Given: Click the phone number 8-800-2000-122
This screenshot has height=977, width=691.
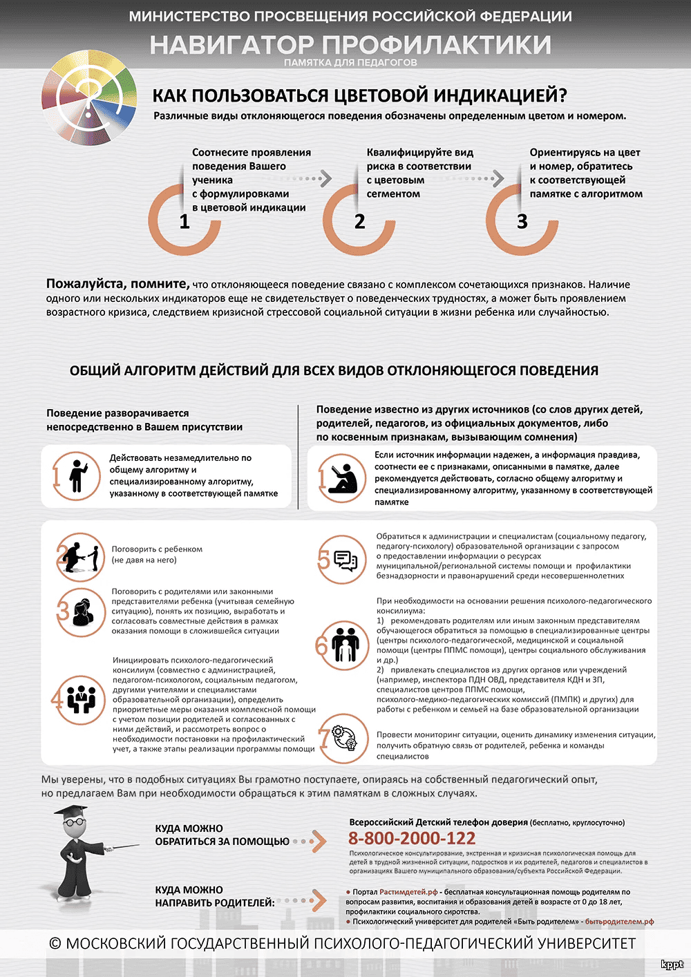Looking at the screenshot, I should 412,839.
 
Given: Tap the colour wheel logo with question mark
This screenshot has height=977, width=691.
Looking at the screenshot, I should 89,97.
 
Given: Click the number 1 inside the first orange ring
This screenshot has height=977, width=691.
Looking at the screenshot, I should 184,222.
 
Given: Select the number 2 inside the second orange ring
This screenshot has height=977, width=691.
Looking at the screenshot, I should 359,222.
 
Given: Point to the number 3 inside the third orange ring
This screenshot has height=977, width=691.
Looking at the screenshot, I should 522,222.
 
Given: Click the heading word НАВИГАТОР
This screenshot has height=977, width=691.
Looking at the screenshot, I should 231,46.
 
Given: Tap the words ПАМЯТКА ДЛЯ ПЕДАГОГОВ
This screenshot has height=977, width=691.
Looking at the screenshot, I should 350,63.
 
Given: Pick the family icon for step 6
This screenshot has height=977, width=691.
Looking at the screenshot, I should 345,644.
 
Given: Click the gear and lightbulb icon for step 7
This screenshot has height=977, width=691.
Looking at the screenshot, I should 344,738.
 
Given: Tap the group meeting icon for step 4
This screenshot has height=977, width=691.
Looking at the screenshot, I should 82,700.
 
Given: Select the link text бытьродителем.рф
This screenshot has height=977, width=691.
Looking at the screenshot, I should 619,922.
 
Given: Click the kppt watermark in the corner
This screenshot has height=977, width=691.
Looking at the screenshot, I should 672,965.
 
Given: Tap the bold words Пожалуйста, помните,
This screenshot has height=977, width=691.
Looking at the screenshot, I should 117,284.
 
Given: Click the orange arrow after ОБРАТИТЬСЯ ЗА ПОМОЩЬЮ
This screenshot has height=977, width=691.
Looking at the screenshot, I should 318,841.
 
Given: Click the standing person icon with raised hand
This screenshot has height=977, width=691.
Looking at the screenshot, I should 76,476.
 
